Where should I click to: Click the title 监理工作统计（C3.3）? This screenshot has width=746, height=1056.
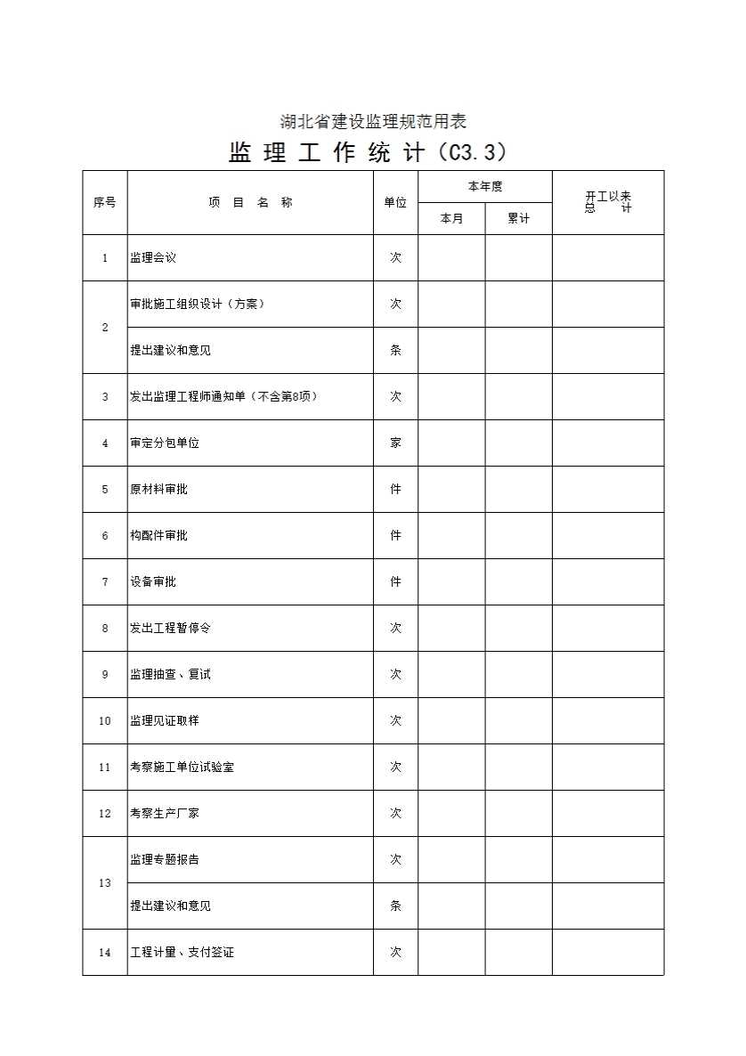tap(368, 152)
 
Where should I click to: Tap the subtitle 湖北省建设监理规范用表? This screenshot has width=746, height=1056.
tap(373, 121)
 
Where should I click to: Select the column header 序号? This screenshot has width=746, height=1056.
tap(104, 202)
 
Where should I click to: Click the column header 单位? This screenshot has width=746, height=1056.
tap(395, 202)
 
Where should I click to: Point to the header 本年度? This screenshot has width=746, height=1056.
tap(485, 186)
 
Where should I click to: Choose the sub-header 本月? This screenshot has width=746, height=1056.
tap(451, 218)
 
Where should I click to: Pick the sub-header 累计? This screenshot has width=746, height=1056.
tap(518, 218)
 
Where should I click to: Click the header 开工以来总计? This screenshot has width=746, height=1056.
tap(608, 202)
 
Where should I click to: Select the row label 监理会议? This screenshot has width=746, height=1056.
tap(153, 257)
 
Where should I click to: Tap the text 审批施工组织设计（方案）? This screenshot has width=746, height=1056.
tap(198, 304)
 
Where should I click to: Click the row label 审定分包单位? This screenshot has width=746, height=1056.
tap(165, 443)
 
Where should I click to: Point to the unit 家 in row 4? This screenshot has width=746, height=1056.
tap(395, 443)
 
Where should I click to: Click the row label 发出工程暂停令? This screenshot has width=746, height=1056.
tap(170, 628)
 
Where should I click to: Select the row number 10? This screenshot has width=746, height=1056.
tap(105, 720)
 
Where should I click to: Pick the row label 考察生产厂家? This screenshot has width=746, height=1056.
tap(165, 813)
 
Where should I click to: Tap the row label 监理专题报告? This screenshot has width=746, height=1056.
tap(165, 859)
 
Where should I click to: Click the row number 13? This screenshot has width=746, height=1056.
tap(105, 882)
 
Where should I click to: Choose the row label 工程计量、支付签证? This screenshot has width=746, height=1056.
tap(182, 952)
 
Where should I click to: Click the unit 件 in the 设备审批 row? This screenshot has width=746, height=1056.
tap(395, 581)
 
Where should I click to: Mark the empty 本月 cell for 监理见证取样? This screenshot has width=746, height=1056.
tap(451, 720)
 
